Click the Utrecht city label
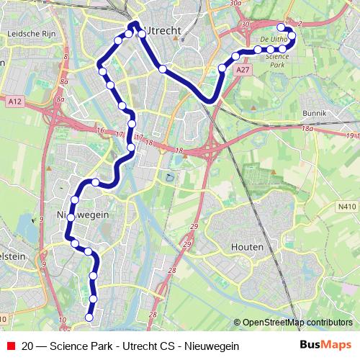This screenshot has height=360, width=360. pos(162,30)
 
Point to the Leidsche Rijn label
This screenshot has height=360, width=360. pos(31,34)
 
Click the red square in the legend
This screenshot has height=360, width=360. pos(9,346)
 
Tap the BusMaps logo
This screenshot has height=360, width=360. pos(325,345)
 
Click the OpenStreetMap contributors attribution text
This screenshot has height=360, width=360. pos(297,323)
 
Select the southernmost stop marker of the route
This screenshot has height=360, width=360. pos(90,317)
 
